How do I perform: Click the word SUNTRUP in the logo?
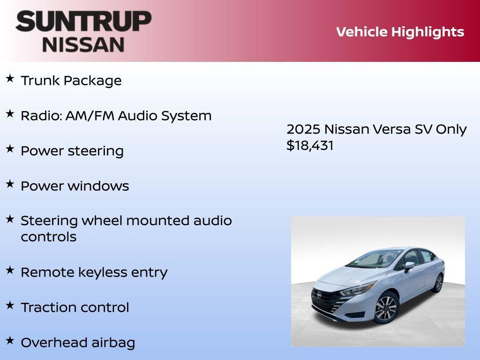(83, 22)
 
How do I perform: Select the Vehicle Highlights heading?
(400, 32)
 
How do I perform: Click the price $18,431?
(310, 145)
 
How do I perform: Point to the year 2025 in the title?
(303, 129)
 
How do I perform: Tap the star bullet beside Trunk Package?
(10, 78)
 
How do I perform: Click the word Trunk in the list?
(40, 81)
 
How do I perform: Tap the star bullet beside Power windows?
(10, 184)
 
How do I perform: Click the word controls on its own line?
(48, 237)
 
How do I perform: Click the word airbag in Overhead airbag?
(113, 343)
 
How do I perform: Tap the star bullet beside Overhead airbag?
(10, 340)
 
